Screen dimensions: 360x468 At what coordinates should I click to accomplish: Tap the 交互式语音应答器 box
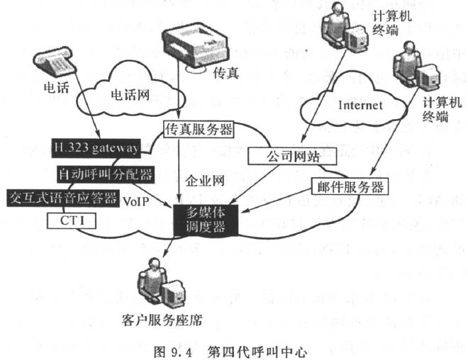click(x=61, y=198)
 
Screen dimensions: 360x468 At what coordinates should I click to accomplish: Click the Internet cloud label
click(x=361, y=106)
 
